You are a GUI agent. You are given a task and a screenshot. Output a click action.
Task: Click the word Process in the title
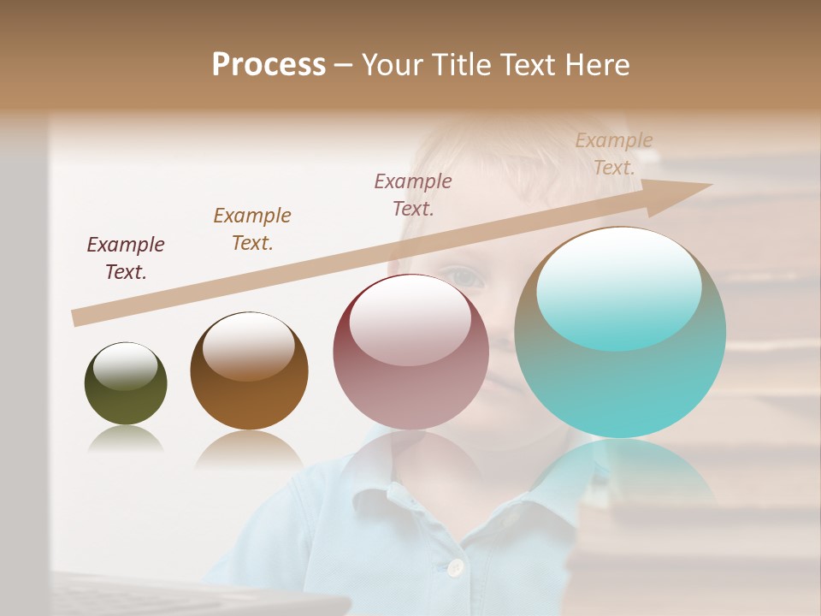point(269,65)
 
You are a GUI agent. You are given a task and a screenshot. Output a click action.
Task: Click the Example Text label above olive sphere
point(126,258)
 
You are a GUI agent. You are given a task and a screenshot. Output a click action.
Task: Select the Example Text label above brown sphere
point(252,229)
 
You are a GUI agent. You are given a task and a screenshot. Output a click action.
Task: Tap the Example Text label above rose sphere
point(413,194)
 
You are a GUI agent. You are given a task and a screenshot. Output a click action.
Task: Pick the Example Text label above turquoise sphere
point(614,154)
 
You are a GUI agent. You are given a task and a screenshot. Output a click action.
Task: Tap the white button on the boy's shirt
point(455,566)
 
